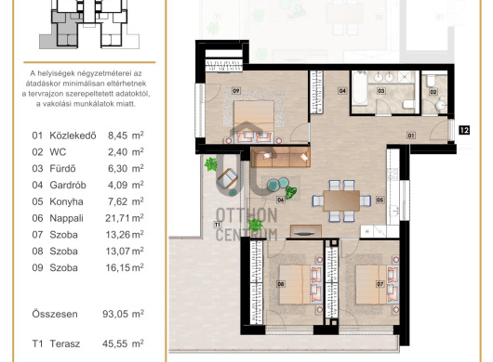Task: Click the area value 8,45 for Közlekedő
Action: point(117,136)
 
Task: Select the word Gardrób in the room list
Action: point(68,185)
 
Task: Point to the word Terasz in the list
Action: point(65,343)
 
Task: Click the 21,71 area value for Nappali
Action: point(116,218)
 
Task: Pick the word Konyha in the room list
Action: point(66,201)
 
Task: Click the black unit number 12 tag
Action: point(464,130)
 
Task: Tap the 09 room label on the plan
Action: point(236,91)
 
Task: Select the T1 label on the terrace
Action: point(218,225)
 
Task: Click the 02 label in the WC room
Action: point(433,92)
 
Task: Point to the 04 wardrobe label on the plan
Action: point(342,91)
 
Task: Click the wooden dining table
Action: point(341,200)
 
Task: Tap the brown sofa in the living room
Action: point(281,157)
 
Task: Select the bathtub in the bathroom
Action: point(359,88)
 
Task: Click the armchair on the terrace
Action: point(227,178)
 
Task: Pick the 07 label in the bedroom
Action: point(380,284)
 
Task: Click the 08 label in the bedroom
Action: point(281,284)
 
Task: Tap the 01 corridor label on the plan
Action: point(410,136)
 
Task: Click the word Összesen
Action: point(55,314)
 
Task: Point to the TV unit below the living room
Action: point(306,231)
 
